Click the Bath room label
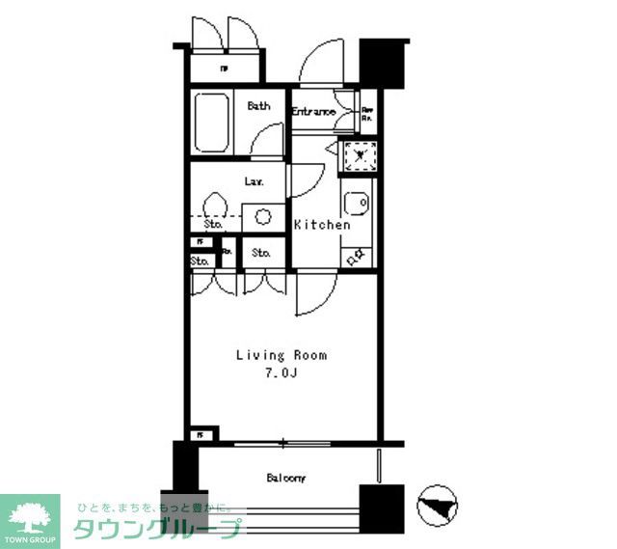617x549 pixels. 258,106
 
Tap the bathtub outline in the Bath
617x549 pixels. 210,123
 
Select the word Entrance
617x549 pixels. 313,112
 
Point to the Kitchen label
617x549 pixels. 322,225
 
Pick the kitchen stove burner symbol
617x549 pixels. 355,255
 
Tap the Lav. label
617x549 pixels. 255,180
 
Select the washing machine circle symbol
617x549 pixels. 261,217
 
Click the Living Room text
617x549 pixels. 282,355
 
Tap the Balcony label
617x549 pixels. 286,478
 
